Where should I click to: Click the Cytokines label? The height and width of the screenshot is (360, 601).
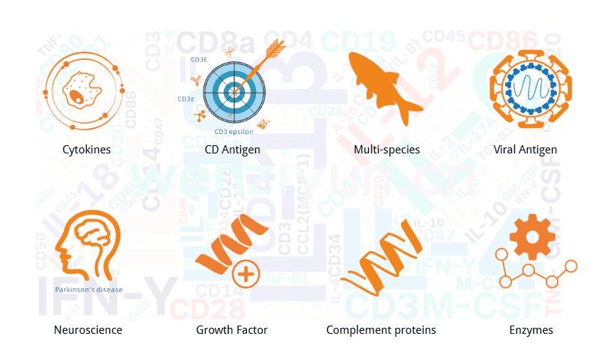pyautogui.click(x=87, y=150)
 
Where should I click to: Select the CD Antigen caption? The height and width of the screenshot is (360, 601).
pyautogui.click(x=232, y=150)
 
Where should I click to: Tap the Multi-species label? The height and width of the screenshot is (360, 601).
pyautogui.click(x=386, y=150)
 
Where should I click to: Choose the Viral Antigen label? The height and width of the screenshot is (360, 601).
pyautogui.click(x=525, y=150)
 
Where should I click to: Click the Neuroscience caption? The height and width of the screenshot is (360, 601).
pyautogui.click(x=88, y=329)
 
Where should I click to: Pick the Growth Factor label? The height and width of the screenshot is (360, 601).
pyautogui.click(x=231, y=329)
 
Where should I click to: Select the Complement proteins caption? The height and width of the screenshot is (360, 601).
pyautogui.click(x=381, y=329)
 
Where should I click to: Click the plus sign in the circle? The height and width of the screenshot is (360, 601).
pyautogui.click(x=245, y=275)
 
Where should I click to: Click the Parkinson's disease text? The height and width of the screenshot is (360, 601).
pyautogui.click(x=88, y=290)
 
